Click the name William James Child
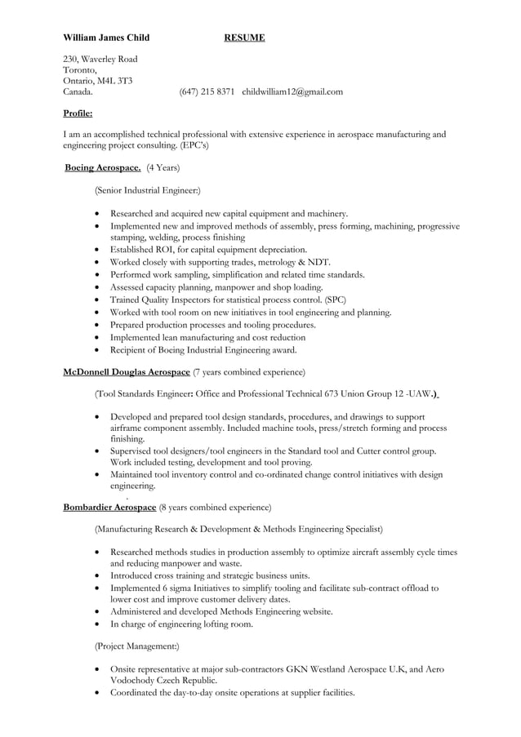(106, 38)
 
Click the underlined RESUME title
(244, 38)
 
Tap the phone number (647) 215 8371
(207, 91)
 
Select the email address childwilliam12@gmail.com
(292, 91)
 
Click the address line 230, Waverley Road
(100, 59)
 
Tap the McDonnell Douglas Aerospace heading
(127, 372)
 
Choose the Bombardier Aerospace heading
(109, 507)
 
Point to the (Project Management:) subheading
(137, 646)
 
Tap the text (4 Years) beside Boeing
(163, 168)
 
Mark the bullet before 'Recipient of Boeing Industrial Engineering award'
(99, 350)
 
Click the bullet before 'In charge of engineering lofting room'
(99, 624)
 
